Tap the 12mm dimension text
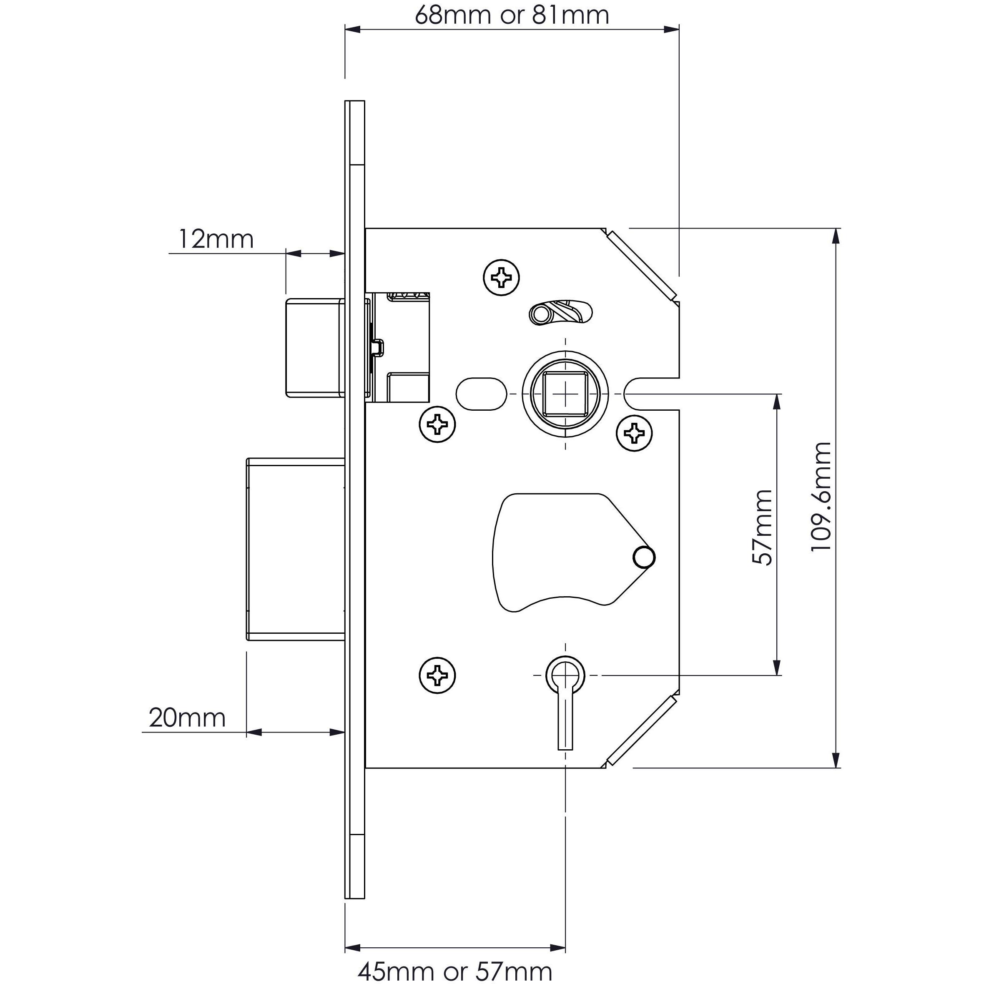(216, 239)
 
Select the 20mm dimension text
(187, 718)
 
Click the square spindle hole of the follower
(566, 393)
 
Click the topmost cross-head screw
(501, 278)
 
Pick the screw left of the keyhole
(437, 675)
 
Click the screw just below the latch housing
(437, 424)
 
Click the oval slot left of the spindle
(481, 394)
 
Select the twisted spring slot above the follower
(561, 312)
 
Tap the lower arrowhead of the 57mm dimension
(777, 668)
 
